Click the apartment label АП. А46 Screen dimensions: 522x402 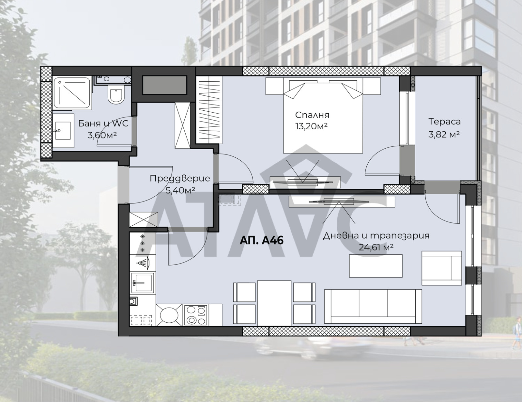[x=262, y=240]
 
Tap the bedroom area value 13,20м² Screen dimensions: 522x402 [x=312, y=126]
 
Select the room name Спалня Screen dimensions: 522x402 [x=312, y=115]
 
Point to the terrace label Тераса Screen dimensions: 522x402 [x=445, y=122]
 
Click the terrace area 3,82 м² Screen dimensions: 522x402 [x=444, y=135]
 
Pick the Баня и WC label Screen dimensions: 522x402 [x=103, y=123]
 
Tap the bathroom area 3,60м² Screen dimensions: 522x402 [x=102, y=136]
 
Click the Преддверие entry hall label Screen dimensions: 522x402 [x=180, y=178]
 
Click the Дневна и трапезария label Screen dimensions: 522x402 [x=376, y=236]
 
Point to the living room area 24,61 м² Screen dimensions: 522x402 [x=376, y=247]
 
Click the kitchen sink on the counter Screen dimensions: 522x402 [x=142, y=283]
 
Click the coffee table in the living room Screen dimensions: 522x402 [x=376, y=266]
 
